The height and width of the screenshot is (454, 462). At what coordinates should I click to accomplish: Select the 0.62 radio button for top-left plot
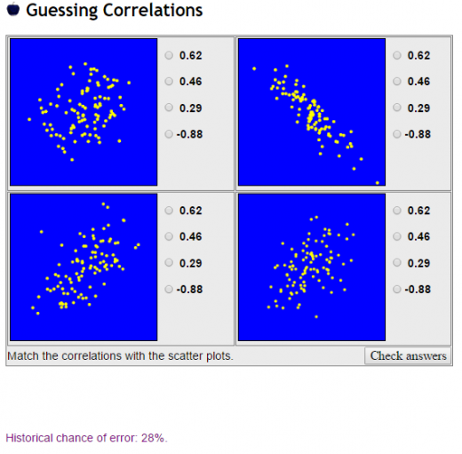(170, 55)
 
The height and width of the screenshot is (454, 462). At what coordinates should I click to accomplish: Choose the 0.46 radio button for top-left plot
(170, 82)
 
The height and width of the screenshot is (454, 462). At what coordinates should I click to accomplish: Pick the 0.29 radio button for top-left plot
(170, 108)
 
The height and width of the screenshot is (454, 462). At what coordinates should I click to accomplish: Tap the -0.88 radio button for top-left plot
(170, 134)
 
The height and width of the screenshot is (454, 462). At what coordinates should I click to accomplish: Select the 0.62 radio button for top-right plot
(397, 55)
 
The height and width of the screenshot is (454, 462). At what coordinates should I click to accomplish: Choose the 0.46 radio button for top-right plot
(397, 82)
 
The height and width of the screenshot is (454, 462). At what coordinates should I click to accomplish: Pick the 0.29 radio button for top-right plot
(397, 108)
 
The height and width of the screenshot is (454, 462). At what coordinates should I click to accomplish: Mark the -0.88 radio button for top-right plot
(397, 134)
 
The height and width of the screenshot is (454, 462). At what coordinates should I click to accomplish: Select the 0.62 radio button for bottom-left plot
(170, 211)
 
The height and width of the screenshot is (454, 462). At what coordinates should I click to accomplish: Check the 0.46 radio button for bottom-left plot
(170, 237)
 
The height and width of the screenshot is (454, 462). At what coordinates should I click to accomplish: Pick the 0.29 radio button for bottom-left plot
(170, 263)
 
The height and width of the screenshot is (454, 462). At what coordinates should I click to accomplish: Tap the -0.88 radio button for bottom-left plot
(170, 289)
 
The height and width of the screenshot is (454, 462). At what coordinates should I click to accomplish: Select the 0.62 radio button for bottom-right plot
(397, 211)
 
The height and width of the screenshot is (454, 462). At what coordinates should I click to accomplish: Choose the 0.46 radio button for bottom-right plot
(397, 237)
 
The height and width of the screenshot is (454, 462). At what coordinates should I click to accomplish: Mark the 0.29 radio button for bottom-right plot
(397, 263)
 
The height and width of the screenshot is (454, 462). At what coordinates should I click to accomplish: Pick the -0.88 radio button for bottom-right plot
(397, 289)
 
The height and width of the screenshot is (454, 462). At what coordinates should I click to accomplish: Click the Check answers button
(408, 356)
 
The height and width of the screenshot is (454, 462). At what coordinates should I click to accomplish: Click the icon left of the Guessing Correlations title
(12, 11)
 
